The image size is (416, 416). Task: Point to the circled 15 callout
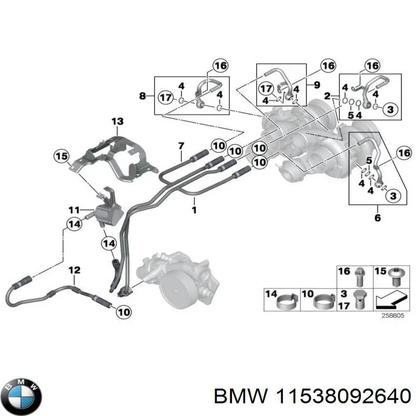[x=62, y=155]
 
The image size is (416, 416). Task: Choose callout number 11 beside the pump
[x=75, y=210]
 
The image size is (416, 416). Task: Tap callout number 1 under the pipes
[x=194, y=210]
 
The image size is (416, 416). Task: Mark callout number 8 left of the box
[x=144, y=96]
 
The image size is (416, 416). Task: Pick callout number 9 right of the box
[x=317, y=83]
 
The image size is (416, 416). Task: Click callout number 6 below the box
[x=378, y=217]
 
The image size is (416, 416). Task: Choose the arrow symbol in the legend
[x=390, y=300]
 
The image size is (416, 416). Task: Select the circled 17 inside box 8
[x=165, y=97]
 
